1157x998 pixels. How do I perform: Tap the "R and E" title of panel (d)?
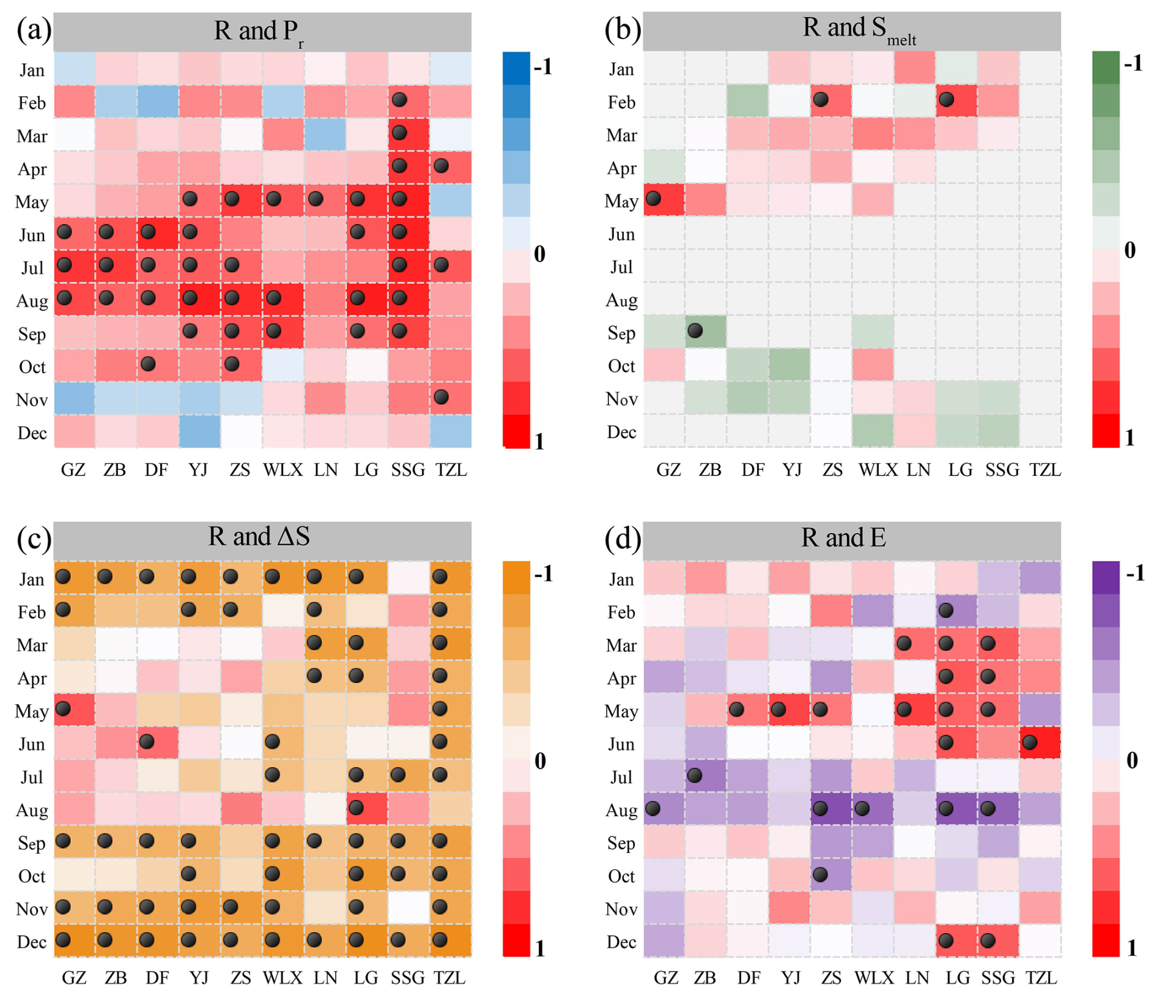(x=843, y=538)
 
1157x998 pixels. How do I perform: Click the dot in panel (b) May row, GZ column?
(x=653, y=198)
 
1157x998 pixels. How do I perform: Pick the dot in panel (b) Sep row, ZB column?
(x=695, y=330)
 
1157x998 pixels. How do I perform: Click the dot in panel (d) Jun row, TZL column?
(x=1030, y=742)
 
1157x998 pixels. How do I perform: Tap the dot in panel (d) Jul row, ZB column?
(x=695, y=775)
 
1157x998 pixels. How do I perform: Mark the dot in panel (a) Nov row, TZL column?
(x=441, y=397)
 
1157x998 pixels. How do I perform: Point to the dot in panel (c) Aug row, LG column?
(x=356, y=808)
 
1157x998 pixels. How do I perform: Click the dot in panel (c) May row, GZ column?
(x=64, y=709)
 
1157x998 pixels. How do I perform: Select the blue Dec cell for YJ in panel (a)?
(x=199, y=431)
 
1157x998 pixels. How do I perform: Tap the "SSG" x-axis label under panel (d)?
(x=998, y=978)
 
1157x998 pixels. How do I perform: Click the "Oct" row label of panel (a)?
(x=32, y=367)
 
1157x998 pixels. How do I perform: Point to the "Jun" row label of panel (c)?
(x=32, y=744)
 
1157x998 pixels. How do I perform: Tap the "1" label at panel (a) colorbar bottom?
(x=539, y=441)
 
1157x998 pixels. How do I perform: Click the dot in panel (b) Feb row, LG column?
(x=946, y=99)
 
